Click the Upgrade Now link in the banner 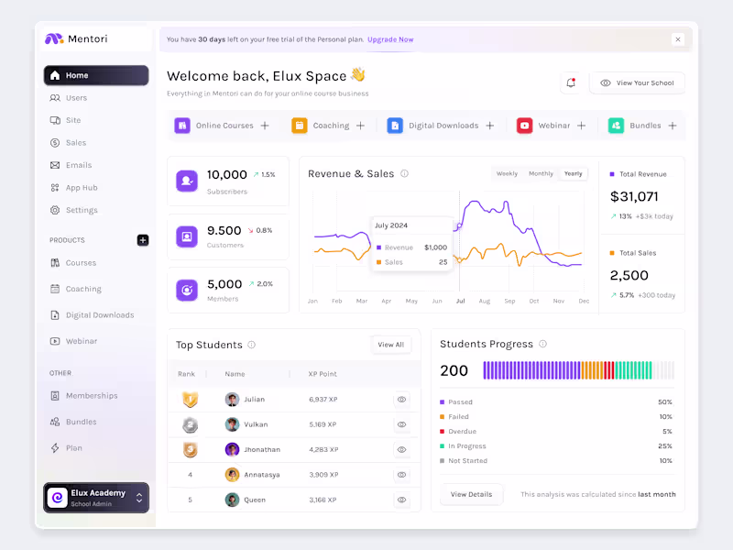point(390,39)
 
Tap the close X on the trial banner point(677,39)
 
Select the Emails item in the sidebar point(78,165)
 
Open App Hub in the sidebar point(81,188)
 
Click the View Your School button point(637,83)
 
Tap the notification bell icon point(571,83)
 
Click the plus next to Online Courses point(265,126)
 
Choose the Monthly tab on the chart point(541,173)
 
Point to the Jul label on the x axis point(460,301)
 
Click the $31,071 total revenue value point(634,196)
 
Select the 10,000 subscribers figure point(226,174)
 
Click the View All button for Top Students point(391,345)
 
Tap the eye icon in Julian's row point(401,400)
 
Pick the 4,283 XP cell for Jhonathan point(323,450)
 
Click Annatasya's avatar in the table point(232,475)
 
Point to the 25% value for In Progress point(664,446)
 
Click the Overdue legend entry point(462,432)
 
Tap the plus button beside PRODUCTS point(142,240)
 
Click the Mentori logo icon point(54,39)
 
